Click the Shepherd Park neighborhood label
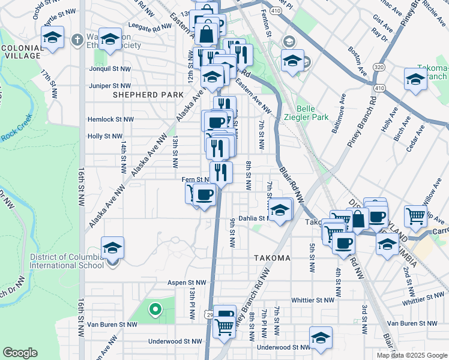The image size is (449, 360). click(x=143, y=95)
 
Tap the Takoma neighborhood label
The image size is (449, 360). click(x=271, y=258)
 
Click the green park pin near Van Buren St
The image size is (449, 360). click(x=155, y=309)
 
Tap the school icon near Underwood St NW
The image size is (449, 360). click(x=321, y=337)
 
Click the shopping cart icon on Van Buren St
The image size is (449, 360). click(x=224, y=326)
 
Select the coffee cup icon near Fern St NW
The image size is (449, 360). click(x=205, y=194)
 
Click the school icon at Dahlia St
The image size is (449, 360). click(x=280, y=210)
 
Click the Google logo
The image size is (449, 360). click(x=20, y=353)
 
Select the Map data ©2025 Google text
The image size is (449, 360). click(x=411, y=355)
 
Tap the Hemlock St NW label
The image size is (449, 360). click(x=110, y=120)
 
